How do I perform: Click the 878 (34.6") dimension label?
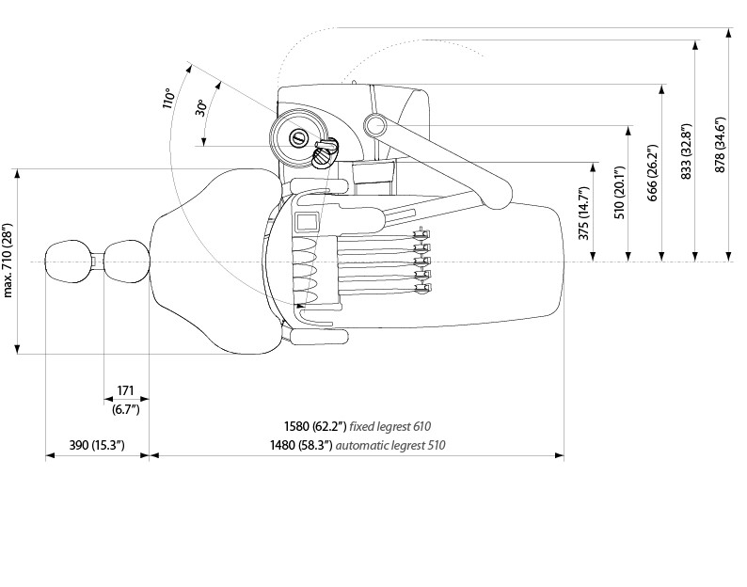721,147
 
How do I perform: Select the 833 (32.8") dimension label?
686,151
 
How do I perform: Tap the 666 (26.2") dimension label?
653,172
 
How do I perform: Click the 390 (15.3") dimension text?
97,445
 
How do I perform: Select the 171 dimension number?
126,390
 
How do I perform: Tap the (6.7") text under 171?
126,408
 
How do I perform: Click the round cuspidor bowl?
299,137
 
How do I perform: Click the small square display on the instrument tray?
308,222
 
